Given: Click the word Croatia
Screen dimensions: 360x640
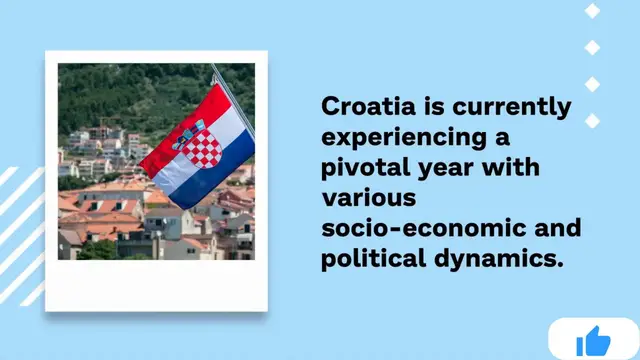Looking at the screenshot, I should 365,107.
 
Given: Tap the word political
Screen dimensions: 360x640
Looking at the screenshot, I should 368,259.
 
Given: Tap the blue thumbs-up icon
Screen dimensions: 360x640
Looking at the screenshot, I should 593,341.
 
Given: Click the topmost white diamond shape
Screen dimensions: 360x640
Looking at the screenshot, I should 592,11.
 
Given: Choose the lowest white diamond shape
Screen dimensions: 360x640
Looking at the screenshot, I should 592,121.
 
